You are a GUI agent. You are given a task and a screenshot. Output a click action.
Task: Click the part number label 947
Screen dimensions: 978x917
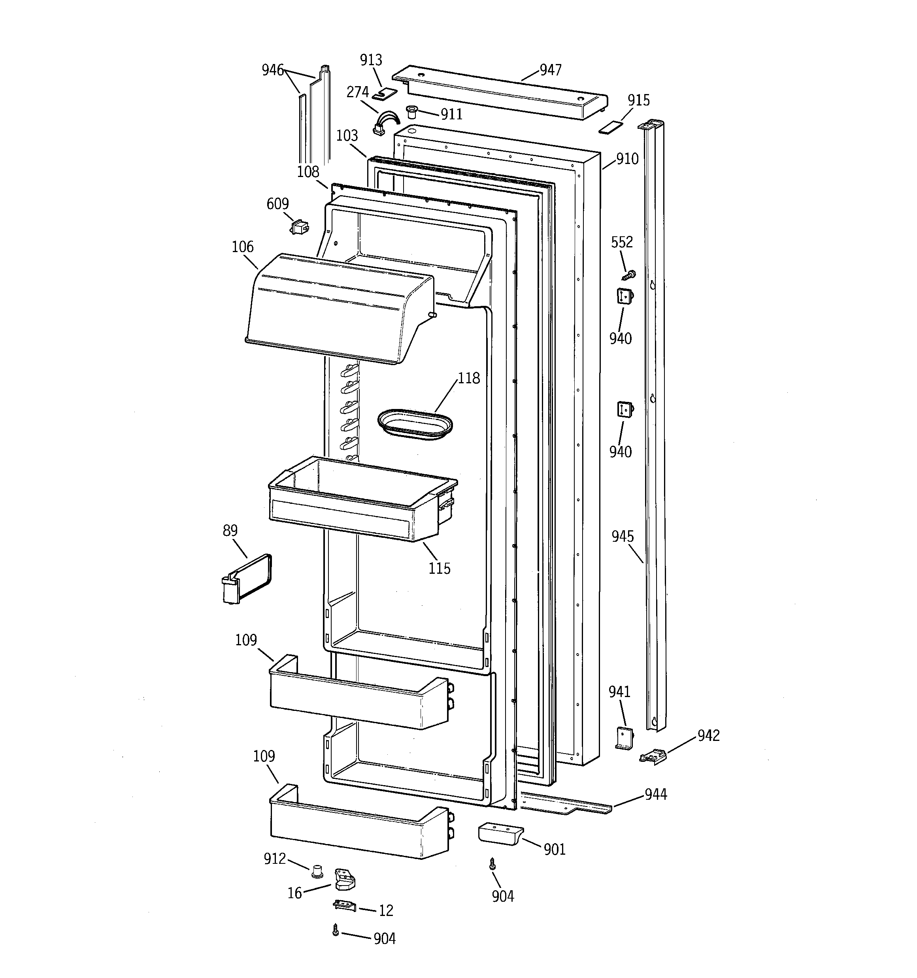[550, 70]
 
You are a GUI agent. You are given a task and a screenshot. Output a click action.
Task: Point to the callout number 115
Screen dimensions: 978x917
[439, 568]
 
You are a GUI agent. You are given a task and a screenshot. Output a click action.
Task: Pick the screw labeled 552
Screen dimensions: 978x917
[629, 275]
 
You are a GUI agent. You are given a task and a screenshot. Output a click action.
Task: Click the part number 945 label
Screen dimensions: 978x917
[623, 536]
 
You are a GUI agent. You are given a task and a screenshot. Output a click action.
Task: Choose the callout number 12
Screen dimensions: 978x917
[386, 910]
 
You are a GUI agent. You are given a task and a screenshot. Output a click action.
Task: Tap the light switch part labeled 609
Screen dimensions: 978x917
[299, 227]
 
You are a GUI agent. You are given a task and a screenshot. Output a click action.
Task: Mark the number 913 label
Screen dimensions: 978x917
[371, 60]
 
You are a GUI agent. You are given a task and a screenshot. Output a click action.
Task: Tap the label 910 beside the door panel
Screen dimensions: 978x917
[627, 159]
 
